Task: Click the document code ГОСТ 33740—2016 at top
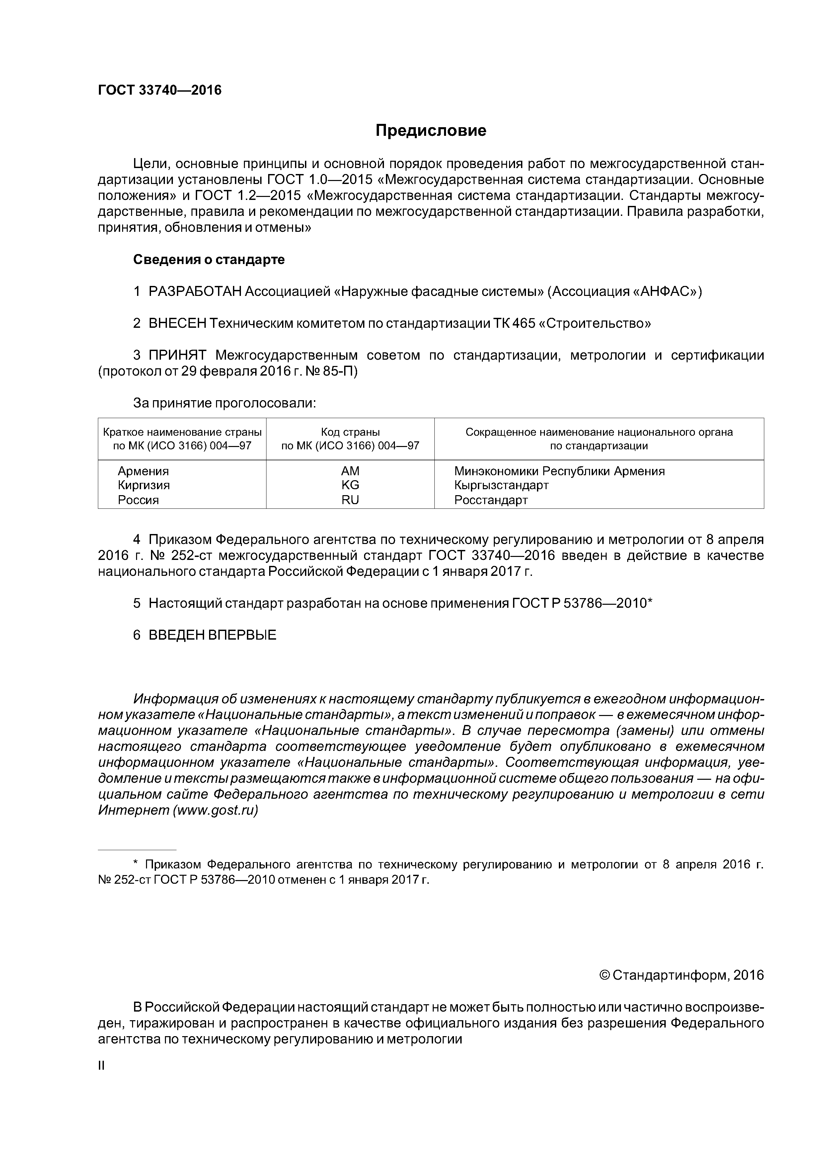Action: (160, 90)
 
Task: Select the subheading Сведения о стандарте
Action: (209, 260)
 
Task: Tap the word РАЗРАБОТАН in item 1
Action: (195, 292)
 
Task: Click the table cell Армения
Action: (143, 471)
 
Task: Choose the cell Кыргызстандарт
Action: (501, 485)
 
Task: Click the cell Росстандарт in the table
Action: (491, 500)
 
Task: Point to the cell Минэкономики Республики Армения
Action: (559, 471)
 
